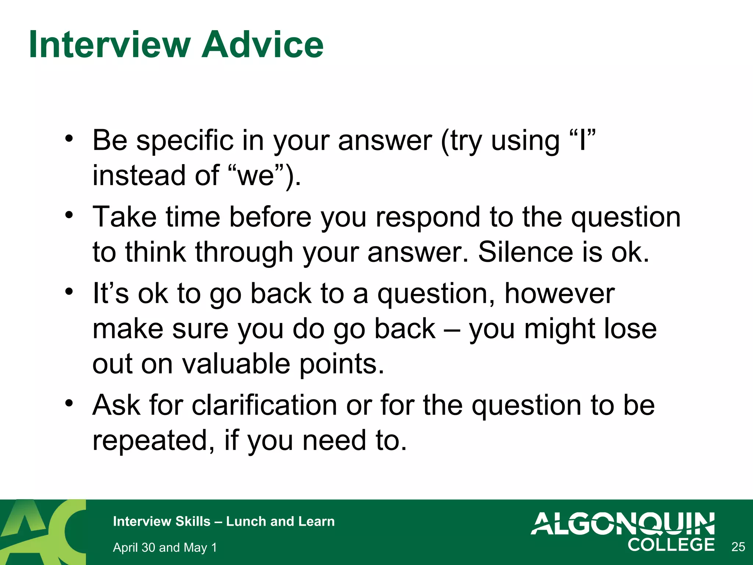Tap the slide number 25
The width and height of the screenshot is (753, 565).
tap(738, 547)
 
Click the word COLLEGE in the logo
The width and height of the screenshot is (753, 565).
tap(671, 545)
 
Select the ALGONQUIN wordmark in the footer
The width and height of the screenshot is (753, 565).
tap(622, 523)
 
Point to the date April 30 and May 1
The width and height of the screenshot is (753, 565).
tap(165, 547)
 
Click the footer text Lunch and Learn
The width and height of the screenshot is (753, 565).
tap(280, 521)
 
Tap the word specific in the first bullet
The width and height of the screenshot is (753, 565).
tap(185, 141)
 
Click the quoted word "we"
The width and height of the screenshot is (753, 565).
tap(256, 175)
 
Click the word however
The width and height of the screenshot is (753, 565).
tap(559, 294)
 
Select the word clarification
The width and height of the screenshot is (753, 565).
tap(264, 405)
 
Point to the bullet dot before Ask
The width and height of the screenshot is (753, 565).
tap(69, 404)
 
